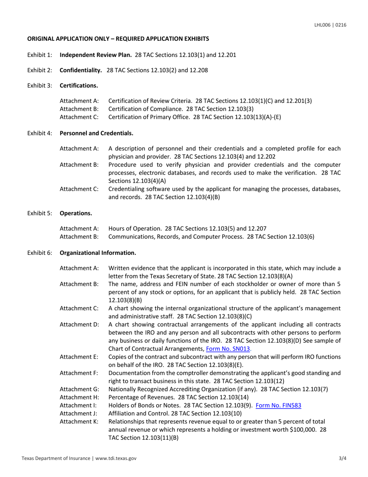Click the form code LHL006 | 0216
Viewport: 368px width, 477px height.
[330, 25]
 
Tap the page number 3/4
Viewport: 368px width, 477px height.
[342, 458]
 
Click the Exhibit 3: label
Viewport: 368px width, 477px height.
[40, 85]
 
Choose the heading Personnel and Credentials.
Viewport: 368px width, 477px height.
[96, 133]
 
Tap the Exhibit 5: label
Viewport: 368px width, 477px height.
[40, 213]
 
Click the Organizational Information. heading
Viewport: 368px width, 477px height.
[98, 253]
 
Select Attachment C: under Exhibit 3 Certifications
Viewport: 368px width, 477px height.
[79, 117]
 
